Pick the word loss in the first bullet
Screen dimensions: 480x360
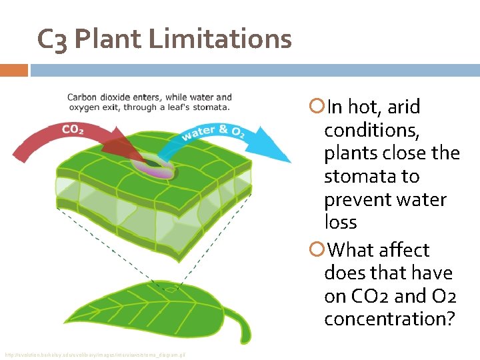(x=340, y=223)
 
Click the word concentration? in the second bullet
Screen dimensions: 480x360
(x=389, y=319)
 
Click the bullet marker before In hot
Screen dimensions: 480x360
(x=317, y=107)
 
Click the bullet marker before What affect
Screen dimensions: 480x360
(x=317, y=250)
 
